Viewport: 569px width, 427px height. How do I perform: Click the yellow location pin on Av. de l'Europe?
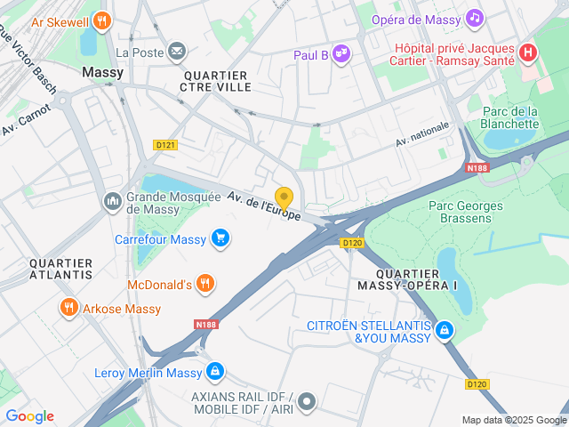tap(284, 197)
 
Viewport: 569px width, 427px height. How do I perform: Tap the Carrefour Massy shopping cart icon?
tap(220, 238)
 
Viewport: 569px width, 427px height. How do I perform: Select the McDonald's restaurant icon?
tap(205, 284)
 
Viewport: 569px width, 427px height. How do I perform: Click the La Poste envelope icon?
tap(177, 52)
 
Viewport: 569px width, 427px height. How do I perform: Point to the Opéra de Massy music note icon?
tap(475, 18)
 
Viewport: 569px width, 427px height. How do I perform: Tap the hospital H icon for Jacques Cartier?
tap(528, 52)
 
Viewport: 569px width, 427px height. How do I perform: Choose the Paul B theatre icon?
tap(341, 55)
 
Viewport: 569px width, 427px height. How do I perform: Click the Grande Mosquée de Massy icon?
tap(113, 202)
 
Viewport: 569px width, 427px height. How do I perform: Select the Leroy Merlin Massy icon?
tap(214, 372)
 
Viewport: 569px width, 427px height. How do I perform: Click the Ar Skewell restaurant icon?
tap(102, 20)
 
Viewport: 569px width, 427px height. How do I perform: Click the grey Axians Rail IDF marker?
tap(307, 402)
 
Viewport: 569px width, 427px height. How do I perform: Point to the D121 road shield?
tap(165, 145)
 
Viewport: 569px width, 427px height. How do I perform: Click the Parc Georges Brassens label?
tap(465, 213)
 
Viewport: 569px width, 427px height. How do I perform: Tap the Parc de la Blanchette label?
tap(509, 117)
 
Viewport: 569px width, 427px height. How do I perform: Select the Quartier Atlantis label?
tap(60, 269)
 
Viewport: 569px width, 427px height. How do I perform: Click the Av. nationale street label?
tap(422, 133)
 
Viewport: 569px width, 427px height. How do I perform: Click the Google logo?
tap(29, 416)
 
